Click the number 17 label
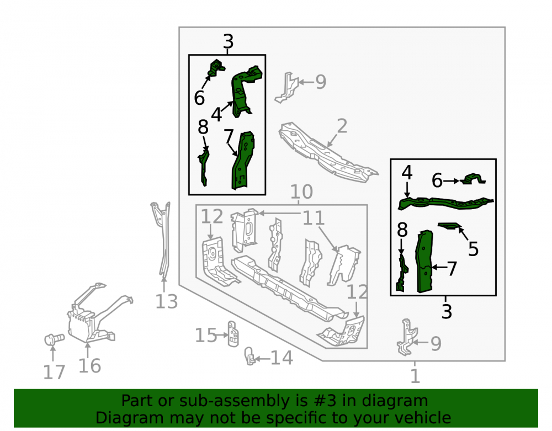[x=54, y=373]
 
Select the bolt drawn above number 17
[x=54, y=339]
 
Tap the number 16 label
[x=89, y=366]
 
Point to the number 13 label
[x=166, y=301]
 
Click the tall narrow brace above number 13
[x=162, y=240]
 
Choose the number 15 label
[x=206, y=336]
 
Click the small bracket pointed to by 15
[x=233, y=333]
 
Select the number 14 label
[x=282, y=358]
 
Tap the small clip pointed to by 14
[x=250, y=356]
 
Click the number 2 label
[x=342, y=126]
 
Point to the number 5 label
[x=473, y=249]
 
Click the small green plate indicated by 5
[x=449, y=226]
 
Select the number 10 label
[x=301, y=192]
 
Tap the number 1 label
[x=415, y=376]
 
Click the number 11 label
[x=314, y=218]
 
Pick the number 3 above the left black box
[x=228, y=41]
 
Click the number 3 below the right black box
[x=447, y=311]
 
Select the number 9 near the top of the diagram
[x=320, y=82]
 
